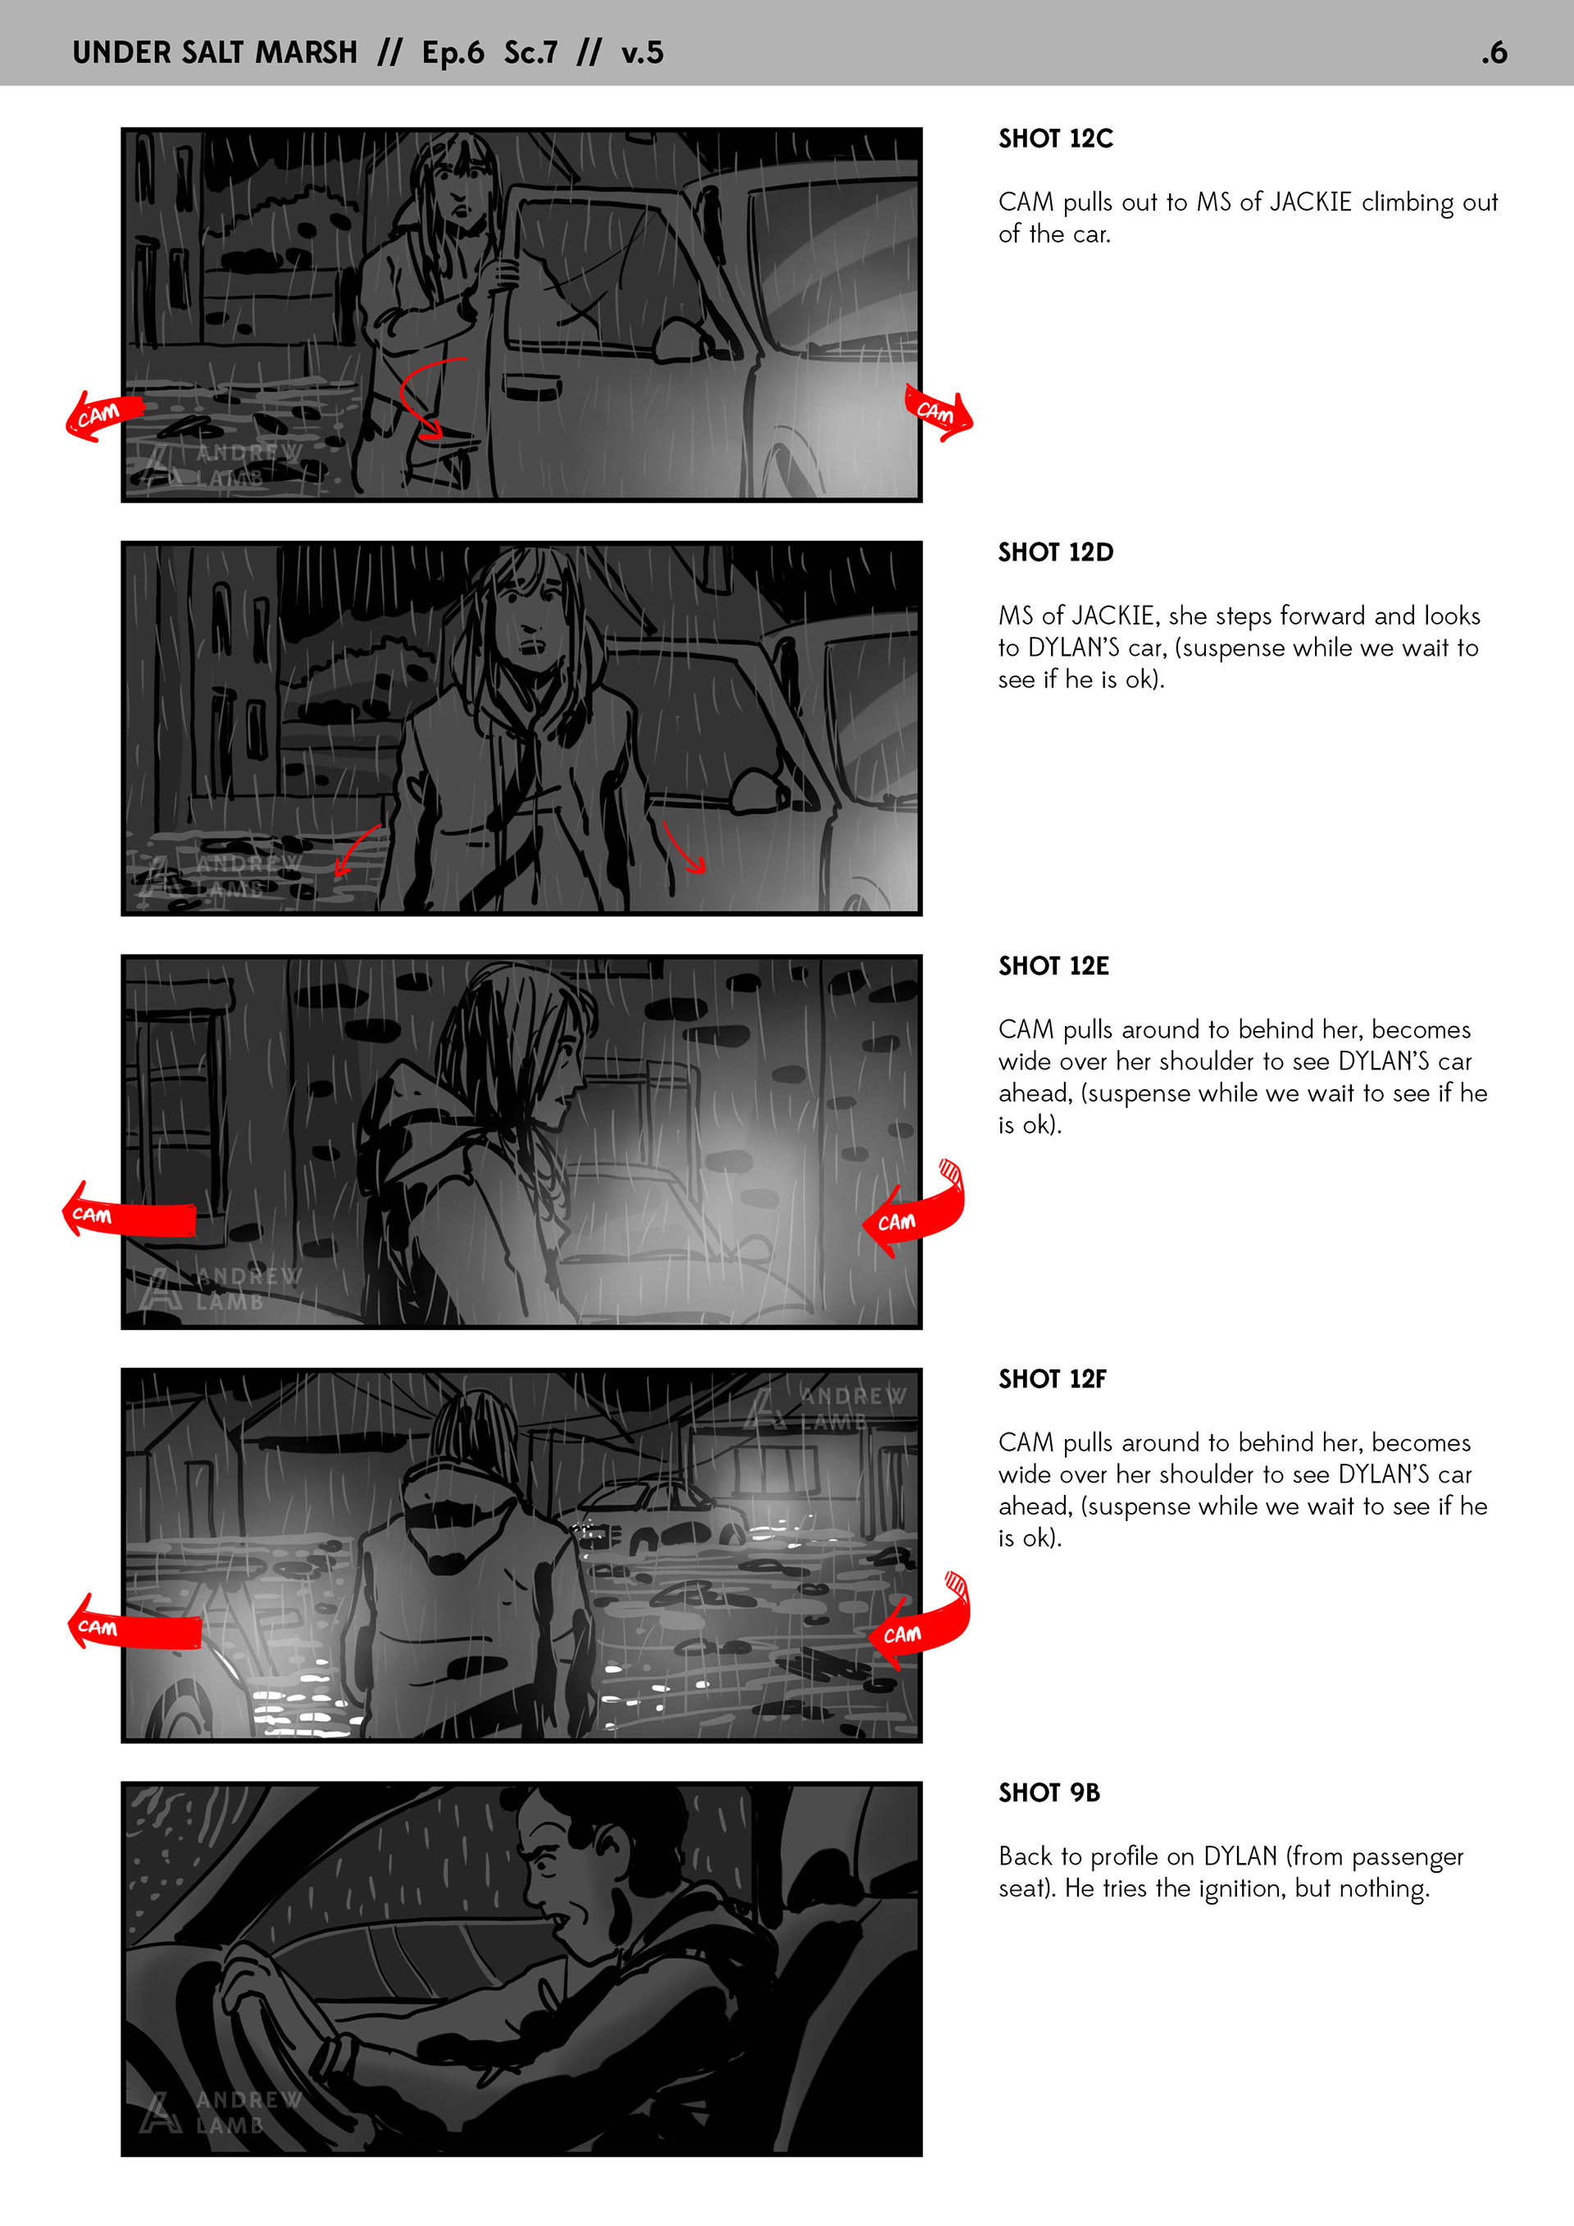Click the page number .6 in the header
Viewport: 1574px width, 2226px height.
point(1494,52)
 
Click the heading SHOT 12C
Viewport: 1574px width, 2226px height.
point(1055,139)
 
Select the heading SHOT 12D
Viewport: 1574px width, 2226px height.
point(1055,552)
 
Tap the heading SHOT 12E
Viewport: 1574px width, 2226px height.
point(1053,965)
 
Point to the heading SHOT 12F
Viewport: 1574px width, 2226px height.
point(1053,1379)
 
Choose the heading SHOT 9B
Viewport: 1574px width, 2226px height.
point(1049,1792)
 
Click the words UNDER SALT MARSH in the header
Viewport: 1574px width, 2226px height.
point(214,52)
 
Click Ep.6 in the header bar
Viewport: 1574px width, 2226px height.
point(453,52)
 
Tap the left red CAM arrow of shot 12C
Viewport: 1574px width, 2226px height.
point(102,416)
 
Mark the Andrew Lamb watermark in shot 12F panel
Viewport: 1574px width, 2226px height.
point(826,1408)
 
